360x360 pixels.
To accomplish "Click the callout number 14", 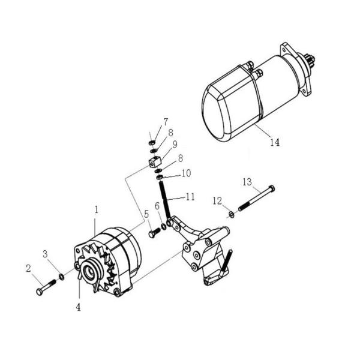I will pyautogui.click(x=274, y=143).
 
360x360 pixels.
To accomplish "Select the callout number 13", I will pyautogui.click(x=247, y=182).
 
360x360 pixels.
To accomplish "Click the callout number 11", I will pyautogui.click(x=190, y=196).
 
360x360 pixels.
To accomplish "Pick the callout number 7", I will pyautogui.click(x=166, y=122).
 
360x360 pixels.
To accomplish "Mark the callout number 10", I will pyautogui.click(x=186, y=173).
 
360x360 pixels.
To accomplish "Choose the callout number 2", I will pyautogui.click(x=28, y=269).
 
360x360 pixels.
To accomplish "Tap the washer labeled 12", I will pyautogui.click(x=231, y=214).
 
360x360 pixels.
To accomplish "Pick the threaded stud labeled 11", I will pyautogui.click(x=166, y=202).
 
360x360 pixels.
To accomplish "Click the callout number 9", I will pyautogui.click(x=175, y=145).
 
